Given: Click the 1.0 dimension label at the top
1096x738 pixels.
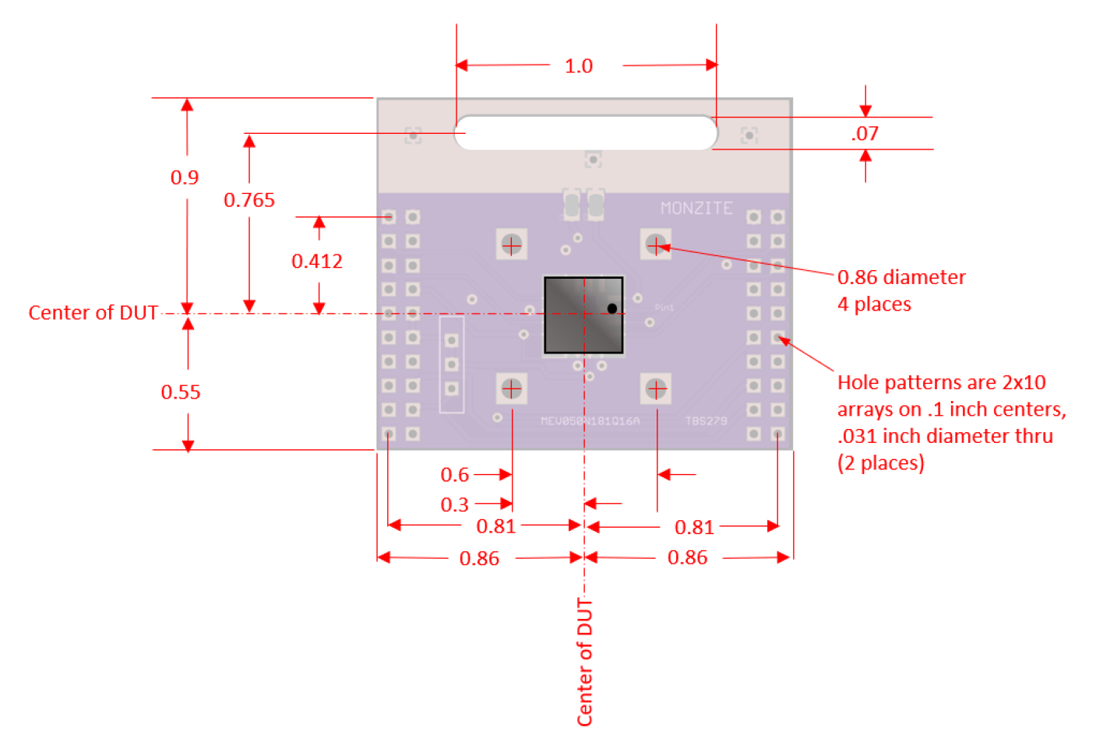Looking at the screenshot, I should click(x=579, y=66).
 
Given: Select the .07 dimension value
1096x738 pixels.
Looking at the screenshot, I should click(x=865, y=134).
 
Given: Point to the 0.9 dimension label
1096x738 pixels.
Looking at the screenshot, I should click(x=185, y=177).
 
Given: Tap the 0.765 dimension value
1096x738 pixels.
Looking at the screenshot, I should click(x=249, y=200).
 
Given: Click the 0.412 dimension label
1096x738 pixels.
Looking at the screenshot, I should click(x=317, y=261).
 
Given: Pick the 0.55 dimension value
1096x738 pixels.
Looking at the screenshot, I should click(x=181, y=392).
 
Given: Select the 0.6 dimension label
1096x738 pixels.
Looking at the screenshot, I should click(x=455, y=475).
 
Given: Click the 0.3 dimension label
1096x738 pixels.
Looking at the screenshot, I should click(x=455, y=505).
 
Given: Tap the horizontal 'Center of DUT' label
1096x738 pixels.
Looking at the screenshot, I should click(x=93, y=313).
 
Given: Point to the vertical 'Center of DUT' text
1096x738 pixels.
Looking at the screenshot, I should click(x=585, y=662).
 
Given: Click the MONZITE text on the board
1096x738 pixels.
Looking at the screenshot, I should click(x=696, y=209).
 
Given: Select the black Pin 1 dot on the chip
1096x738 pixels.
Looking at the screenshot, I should click(x=612, y=308).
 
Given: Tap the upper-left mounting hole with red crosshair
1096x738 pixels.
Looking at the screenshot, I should click(x=512, y=245).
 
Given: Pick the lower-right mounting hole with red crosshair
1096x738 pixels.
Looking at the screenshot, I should click(x=656, y=388).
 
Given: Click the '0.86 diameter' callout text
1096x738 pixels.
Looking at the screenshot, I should click(x=901, y=278).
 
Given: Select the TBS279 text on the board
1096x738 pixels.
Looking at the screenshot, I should click(x=706, y=421).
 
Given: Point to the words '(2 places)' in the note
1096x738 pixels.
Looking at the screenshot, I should click(x=881, y=463).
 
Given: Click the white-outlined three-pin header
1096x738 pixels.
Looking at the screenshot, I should click(x=452, y=364).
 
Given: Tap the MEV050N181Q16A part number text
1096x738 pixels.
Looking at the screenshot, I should click(x=590, y=421).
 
